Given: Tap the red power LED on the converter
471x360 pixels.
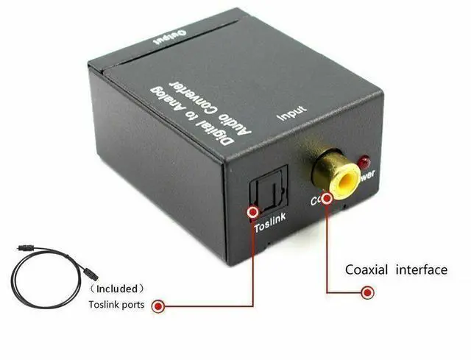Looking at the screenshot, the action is [363, 162].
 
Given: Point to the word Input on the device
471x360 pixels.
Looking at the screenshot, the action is [291, 113].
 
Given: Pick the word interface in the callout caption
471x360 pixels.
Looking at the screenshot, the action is [422, 269].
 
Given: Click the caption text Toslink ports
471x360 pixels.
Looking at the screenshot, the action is [118, 304].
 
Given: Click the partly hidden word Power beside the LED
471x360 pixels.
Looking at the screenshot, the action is [368, 175].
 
